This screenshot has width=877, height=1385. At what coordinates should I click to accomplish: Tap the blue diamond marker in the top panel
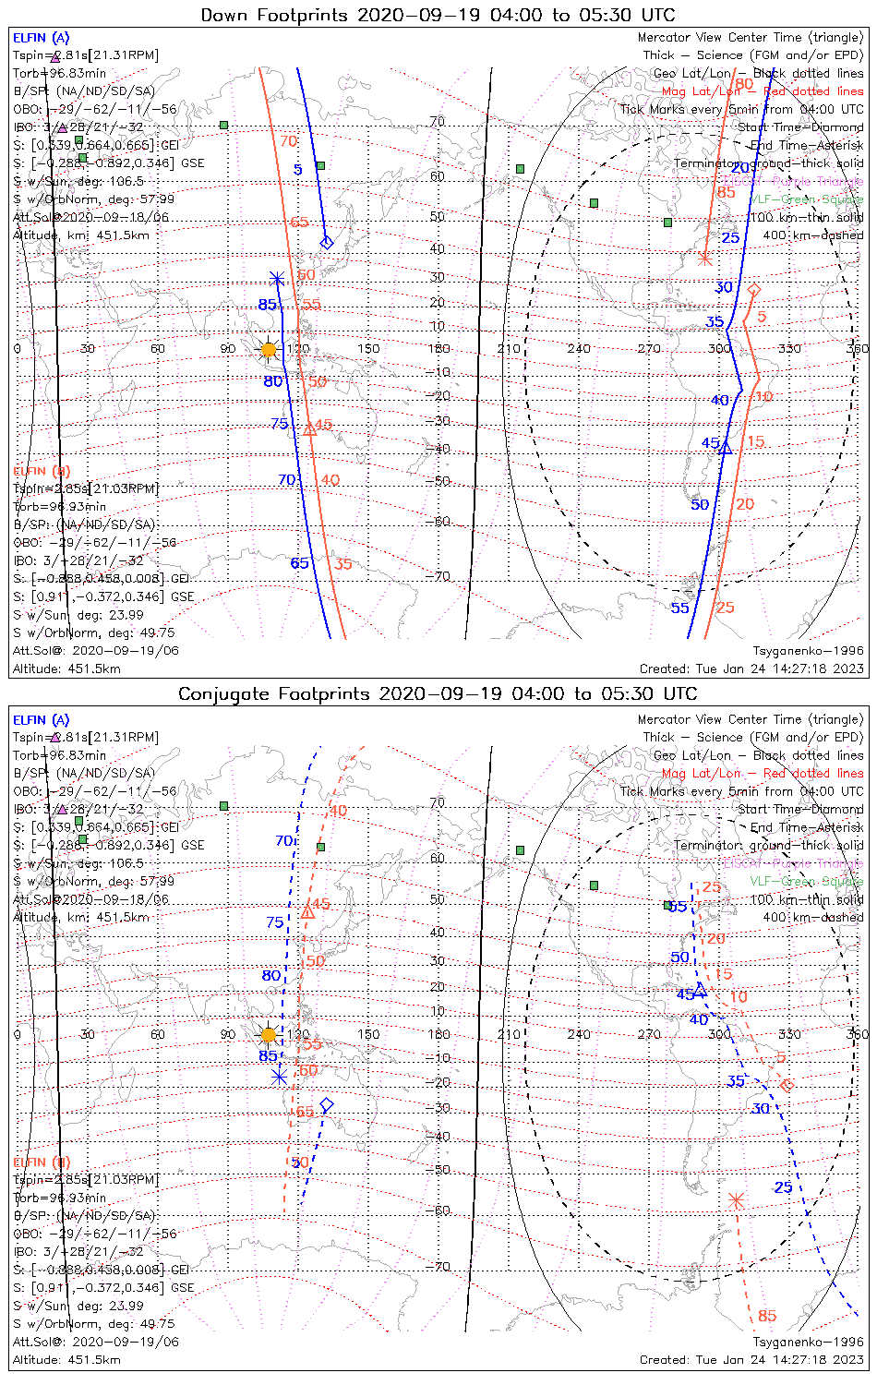click(326, 243)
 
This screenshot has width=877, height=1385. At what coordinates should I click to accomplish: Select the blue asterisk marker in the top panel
click(276, 277)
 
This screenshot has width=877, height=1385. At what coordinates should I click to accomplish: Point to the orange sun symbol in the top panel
click(269, 350)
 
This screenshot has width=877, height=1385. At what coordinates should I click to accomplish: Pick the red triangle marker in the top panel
click(309, 428)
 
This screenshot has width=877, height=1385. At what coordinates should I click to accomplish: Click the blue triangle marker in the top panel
click(726, 448)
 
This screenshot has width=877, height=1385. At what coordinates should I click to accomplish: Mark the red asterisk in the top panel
click(704, 258)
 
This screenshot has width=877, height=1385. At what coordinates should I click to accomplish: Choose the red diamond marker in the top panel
click(754, 290)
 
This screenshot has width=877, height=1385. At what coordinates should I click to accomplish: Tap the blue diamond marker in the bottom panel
click(326, 1105)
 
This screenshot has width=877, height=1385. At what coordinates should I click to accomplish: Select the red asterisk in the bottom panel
click(736, 1200)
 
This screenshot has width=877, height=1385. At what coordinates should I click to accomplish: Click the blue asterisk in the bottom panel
click(279, 1077)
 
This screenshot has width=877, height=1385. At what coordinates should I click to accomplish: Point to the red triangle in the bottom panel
click(307, 912)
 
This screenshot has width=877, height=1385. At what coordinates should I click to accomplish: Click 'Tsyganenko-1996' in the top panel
click(808, 651)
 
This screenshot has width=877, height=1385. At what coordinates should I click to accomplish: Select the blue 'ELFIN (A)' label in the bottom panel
click(41, 720)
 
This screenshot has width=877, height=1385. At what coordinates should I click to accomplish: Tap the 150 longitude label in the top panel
click(368, 349)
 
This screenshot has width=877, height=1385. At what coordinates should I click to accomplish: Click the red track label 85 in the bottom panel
click(767, 1316)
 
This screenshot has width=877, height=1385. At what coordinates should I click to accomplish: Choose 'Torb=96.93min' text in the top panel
click(59, 507)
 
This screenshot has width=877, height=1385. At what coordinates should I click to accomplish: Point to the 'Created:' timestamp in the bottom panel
click(751, 1360)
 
